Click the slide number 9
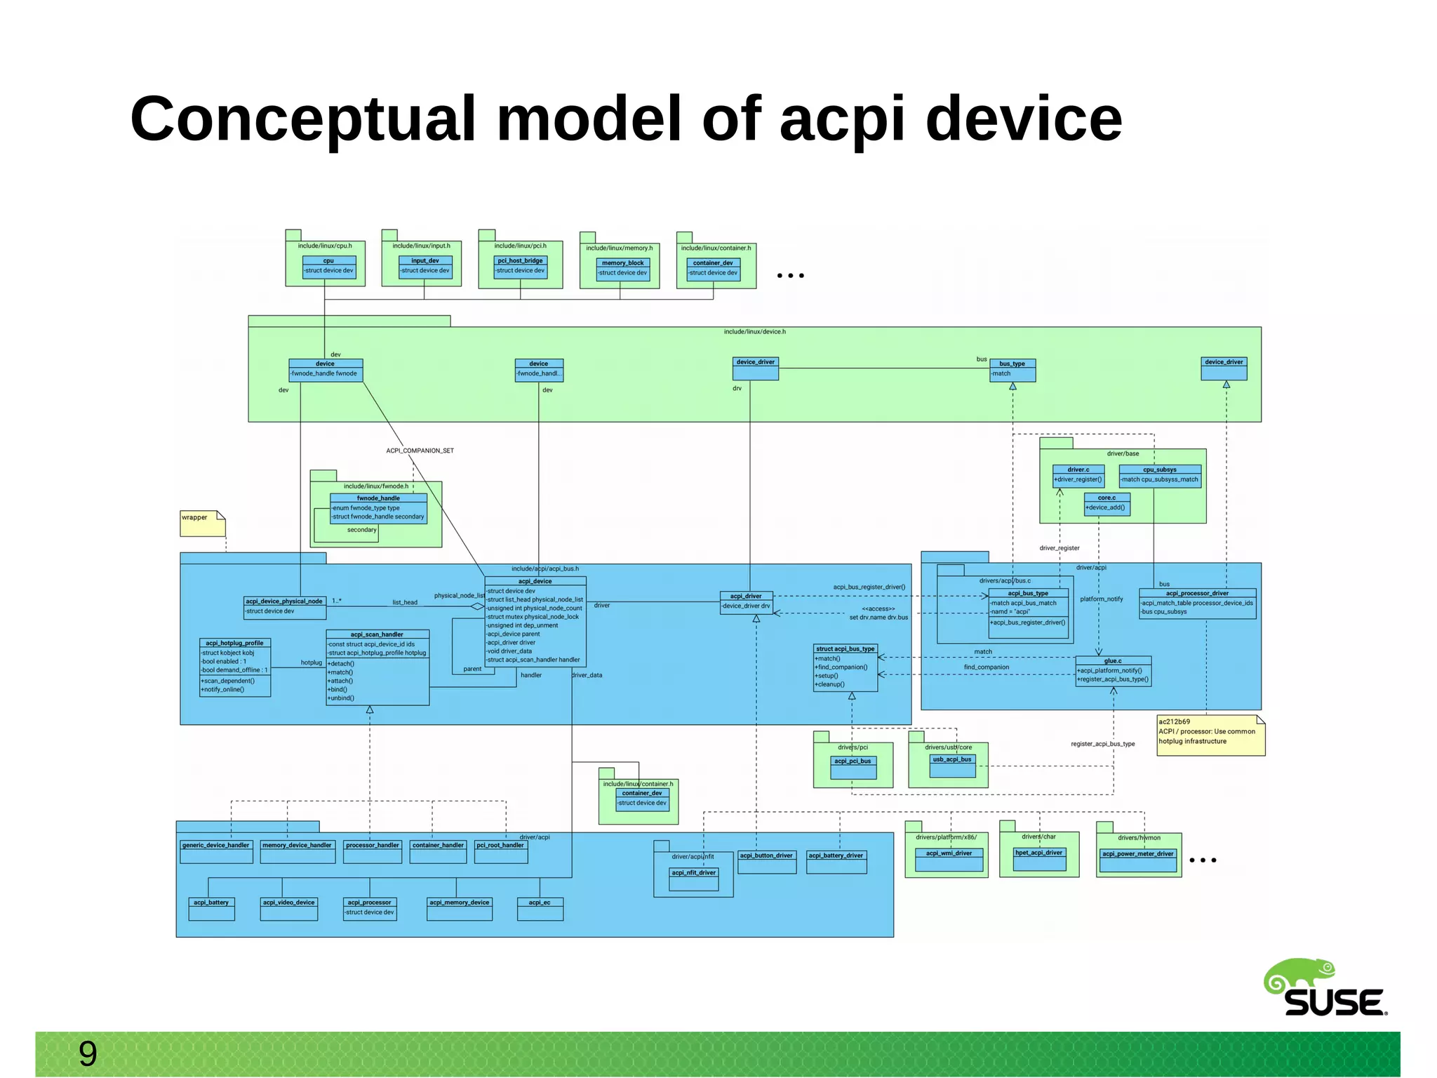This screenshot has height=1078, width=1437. [x=88, y=1053]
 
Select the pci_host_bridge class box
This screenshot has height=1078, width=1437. [x=520, y=266]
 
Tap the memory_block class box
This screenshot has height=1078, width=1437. [x=622, y=269]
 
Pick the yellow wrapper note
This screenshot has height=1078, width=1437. [x=202, y=524]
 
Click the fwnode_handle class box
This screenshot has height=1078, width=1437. [x=378, y=508]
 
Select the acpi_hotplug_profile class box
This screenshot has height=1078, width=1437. [x=235, y=667]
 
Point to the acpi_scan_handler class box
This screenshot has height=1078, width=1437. [x=377, y=667]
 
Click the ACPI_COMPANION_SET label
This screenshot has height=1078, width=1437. [x=420, y=451]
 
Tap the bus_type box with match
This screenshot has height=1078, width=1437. [x=1012, y=370]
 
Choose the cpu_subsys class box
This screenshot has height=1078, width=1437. [x=1159, y=476]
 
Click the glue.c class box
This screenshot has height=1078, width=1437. [x=1113, y=671]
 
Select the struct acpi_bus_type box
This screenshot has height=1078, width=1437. [x=845, y=667]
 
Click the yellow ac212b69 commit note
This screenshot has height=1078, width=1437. [x=1210, y=735]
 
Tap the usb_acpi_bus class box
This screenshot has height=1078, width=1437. [x=951, y=766]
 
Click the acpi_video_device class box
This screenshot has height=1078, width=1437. [x=288, y=909]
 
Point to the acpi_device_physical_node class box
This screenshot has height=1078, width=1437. [x=284, y=607]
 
